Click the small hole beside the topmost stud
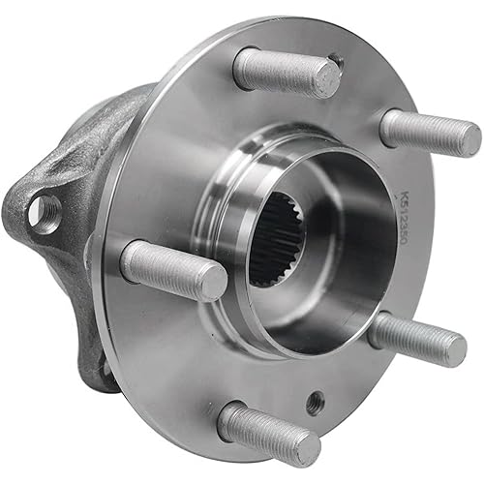pyautogui.click(x=336, y=61)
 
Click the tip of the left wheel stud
pyautogui.click(x=212, y=282)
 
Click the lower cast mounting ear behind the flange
pyautogui.click(x=102, y=368)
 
